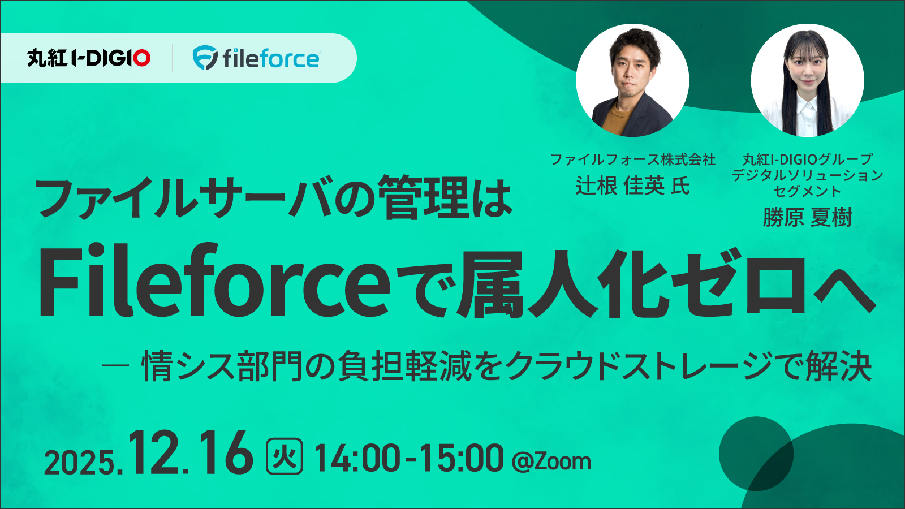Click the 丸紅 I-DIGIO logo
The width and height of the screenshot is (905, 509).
89,58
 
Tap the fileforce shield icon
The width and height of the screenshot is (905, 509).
204,58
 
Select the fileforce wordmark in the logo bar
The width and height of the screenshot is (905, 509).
271,58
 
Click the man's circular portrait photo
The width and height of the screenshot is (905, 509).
632,80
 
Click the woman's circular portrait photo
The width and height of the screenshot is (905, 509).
807,80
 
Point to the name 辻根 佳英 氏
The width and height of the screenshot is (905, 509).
632,186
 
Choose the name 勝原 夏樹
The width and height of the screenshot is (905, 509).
807,217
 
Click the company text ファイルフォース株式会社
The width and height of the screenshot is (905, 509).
632,159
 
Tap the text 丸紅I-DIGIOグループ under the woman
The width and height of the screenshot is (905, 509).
807,159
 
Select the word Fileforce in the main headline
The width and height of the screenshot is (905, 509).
214,281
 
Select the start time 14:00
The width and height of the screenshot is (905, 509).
357,458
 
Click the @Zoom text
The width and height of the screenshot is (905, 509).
551,461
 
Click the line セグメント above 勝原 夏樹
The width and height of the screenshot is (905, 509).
807,191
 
